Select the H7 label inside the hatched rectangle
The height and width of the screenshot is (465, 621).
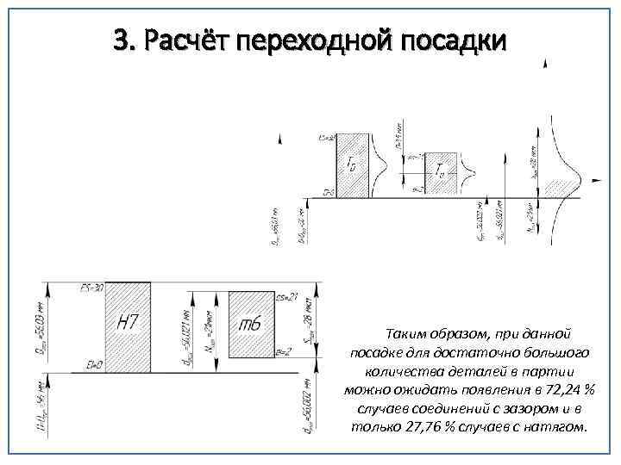(x=127, y=323)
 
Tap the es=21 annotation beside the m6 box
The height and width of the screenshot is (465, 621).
(x=287, y=298)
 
